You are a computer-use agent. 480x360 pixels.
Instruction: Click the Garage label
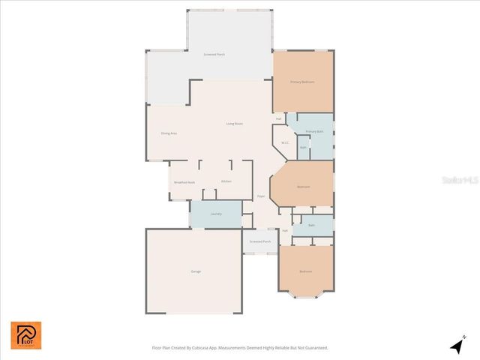(196, 271)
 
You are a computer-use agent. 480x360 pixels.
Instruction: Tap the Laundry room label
(216, 214)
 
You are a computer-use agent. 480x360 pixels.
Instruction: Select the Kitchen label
(226, 181)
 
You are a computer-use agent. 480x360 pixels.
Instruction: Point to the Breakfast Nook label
(184, 182)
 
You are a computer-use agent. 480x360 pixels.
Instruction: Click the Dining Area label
(169, 133)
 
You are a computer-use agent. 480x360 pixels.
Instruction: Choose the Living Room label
(235, 124)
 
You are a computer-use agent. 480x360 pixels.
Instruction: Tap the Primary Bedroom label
(302, 81)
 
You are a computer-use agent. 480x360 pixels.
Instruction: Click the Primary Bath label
(314, 131)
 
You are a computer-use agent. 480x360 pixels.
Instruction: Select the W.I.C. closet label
(285, 142)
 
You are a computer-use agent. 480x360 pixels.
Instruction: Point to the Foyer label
(261, 196)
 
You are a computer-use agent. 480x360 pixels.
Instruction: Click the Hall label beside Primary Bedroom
(279, 118)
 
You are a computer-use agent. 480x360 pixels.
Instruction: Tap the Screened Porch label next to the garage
(261, 241)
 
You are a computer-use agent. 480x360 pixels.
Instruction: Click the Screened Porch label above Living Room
(214, 55)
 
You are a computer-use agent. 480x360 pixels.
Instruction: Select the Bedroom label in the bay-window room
(305, 271)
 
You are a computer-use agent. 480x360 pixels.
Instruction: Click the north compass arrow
(457, 346)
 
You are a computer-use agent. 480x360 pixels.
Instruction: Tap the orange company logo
(26, 335)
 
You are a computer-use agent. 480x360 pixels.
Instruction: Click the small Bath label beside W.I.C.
(303, 147)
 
